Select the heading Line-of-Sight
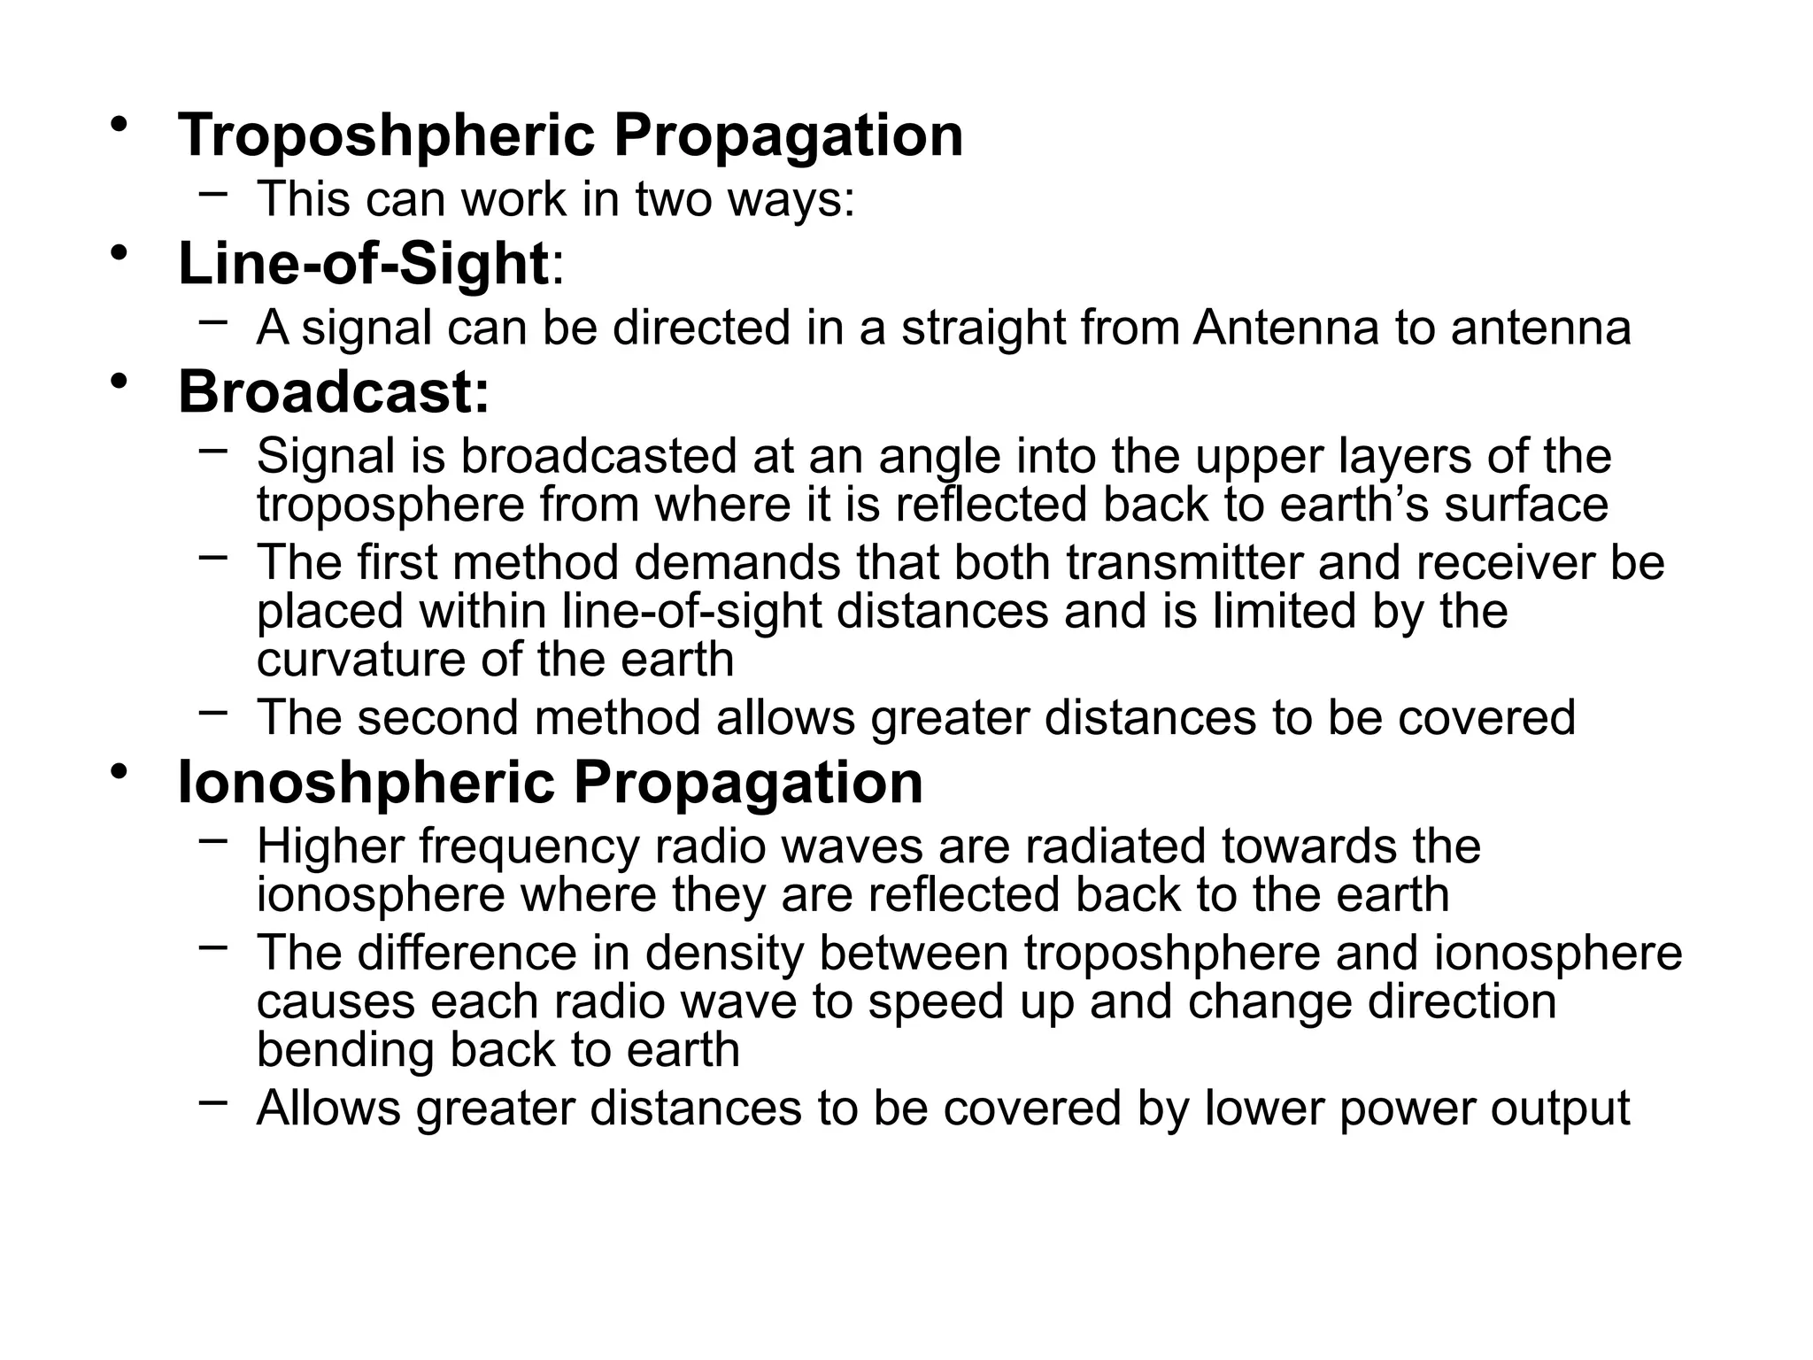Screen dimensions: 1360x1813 coord(363,264)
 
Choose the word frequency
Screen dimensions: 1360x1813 coord(528,847)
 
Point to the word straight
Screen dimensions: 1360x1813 coord(984,328)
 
